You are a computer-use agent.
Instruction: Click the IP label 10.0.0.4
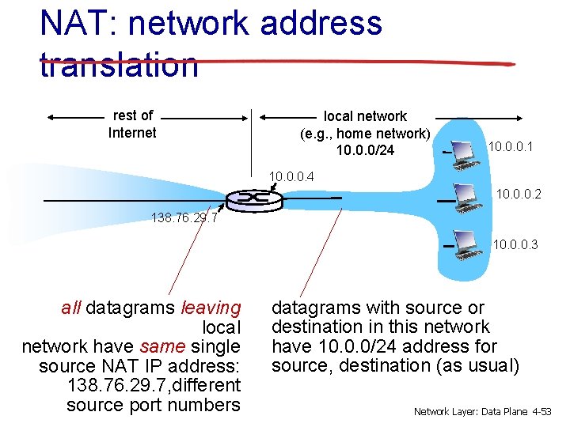coord(291,176)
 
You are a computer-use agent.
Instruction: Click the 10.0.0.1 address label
coord(511,147)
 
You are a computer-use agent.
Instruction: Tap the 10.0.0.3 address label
coord(515,245)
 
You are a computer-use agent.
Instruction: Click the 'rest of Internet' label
coord(132,124)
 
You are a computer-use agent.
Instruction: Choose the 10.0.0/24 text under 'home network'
coord(365,150)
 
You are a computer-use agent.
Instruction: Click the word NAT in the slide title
coord(71,24)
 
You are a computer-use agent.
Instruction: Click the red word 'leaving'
coord(211,308)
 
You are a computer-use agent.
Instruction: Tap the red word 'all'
coord(70,308)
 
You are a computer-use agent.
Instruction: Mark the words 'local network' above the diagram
coord(365,116)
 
